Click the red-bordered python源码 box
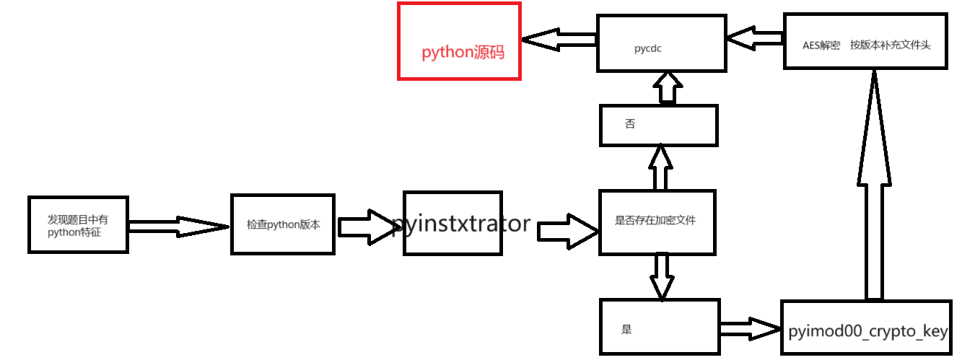tap(459, 41)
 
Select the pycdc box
tap(661, 43)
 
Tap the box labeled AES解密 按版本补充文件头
tap(865, 41)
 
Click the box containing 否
tap(658, 125)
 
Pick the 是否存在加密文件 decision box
tap(657, 222)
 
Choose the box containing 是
tap(660, 328)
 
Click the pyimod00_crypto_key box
tap(866, 328)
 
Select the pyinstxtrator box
tap(452, 223)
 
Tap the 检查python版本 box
tap(283, 224)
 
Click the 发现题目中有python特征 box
tap(79, 224)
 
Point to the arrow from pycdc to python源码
tap(559, 41)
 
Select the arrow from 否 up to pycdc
tap(667, 88)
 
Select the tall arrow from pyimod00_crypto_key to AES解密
tap(874, 184)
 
